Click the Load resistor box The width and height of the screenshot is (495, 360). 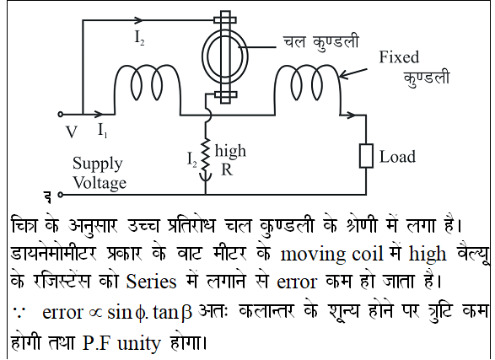(x=366, y=155)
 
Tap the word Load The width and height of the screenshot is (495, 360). (x=397, y=157)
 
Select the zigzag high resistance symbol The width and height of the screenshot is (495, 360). (x=206, y=154)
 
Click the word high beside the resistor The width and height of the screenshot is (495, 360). (x=230, y=151)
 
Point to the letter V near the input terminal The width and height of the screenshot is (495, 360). (x=72, y=132)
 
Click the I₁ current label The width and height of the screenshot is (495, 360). (x=103, y=130)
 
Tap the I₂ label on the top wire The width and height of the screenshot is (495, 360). (x=139, y=38)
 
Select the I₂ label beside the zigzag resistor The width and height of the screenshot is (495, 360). (x=192, y=159)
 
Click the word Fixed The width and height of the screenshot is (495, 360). (x=399, y=57)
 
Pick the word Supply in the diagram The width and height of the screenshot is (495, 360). (x=97, y=164)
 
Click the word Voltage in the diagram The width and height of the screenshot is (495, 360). (x=100, y=183)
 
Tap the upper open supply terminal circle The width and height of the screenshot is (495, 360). (x=61, y=114)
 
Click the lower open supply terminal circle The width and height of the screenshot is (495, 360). (x=61, y=195)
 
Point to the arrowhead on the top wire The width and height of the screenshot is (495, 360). (x=138, y=20)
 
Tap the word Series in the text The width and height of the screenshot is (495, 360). (x=151, y=282)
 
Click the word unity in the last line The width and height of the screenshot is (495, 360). (x=139, y=343)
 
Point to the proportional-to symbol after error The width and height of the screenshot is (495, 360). (x=96, y=313)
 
